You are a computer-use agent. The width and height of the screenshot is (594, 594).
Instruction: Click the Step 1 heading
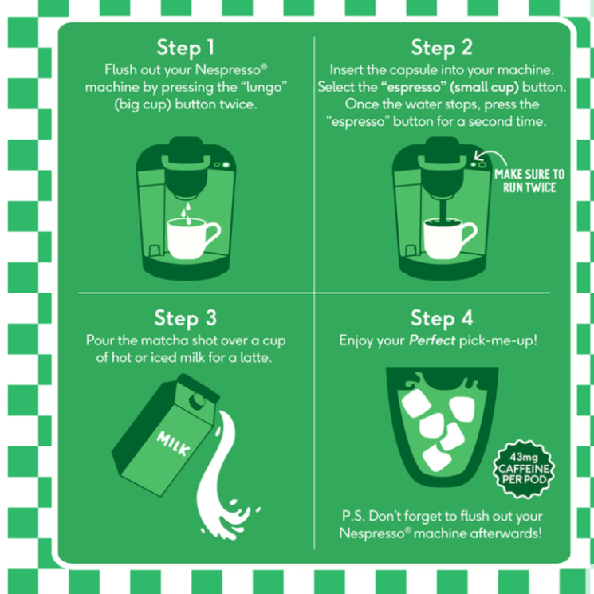(x=186, y=48)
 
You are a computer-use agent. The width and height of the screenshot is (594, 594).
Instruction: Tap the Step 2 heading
(x=442, y=48)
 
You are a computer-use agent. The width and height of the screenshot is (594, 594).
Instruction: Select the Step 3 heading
(x=186, y=318)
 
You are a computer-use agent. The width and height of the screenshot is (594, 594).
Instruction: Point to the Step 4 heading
(x=442, y=318)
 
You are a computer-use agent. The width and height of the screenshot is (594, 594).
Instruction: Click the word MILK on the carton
(x=174, y=443)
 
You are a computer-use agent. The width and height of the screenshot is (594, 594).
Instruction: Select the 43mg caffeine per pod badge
(x=524, y=469)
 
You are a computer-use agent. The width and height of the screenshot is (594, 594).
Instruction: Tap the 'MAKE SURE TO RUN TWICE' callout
(x=529, y=181)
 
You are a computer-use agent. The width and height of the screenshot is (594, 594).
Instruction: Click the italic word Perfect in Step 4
(x=432, y=340)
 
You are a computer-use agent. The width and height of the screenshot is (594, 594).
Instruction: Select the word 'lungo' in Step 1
(x=264, y=88)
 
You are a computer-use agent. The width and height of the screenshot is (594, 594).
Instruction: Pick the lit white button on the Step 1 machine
(x=226, y=165)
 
